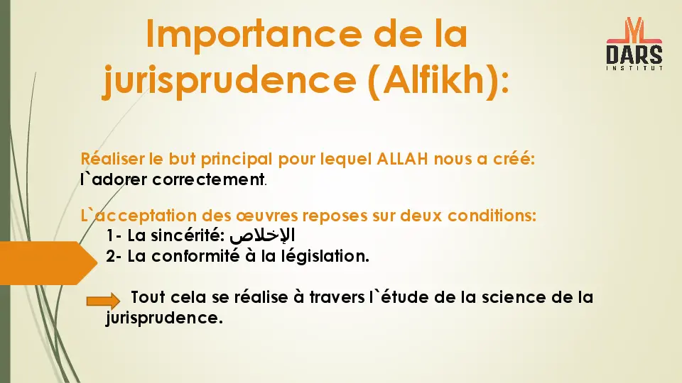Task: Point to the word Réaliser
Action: click(112, 159)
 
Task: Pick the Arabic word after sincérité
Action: click(263, 235)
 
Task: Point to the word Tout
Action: click(147, 297)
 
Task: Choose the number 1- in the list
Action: click(114, 235)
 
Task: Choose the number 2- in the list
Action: click(114, 256)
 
